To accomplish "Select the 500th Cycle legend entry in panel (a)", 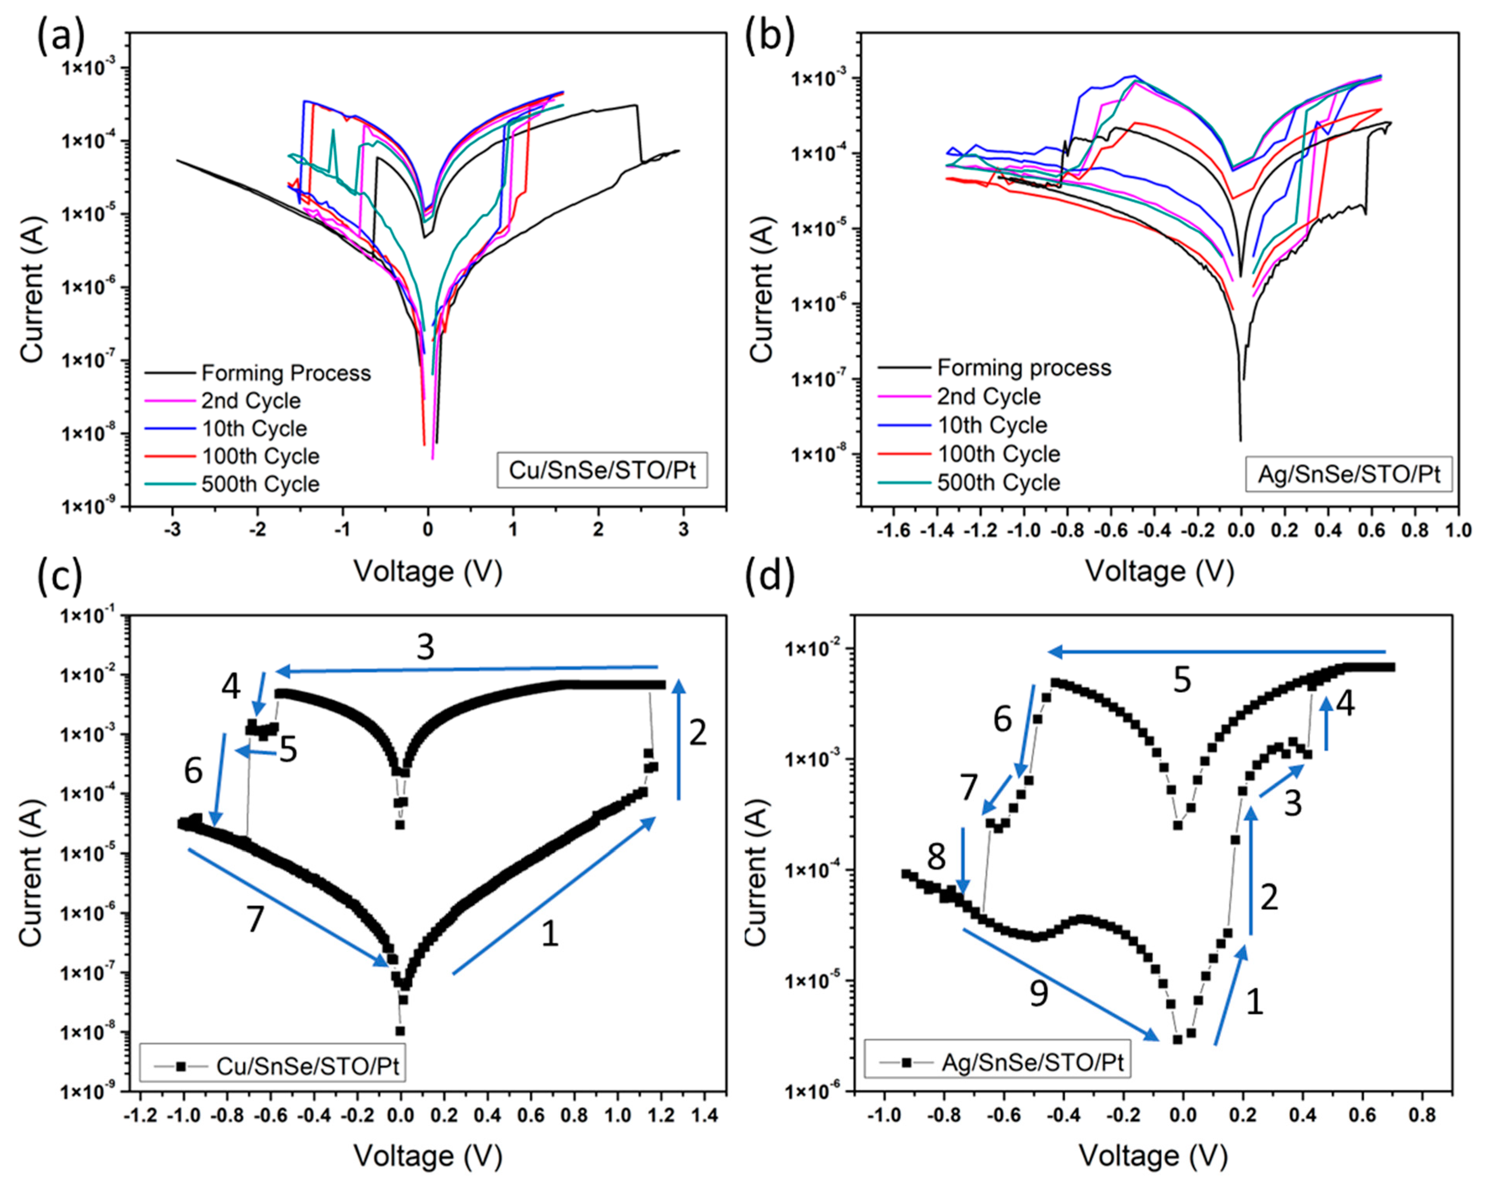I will click(x=260, y=484).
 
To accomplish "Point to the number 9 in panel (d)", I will click(x=1039, y=993).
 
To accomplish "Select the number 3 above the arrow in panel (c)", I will click(x=425, y=647).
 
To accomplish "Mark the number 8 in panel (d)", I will click(x=935, y=858).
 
